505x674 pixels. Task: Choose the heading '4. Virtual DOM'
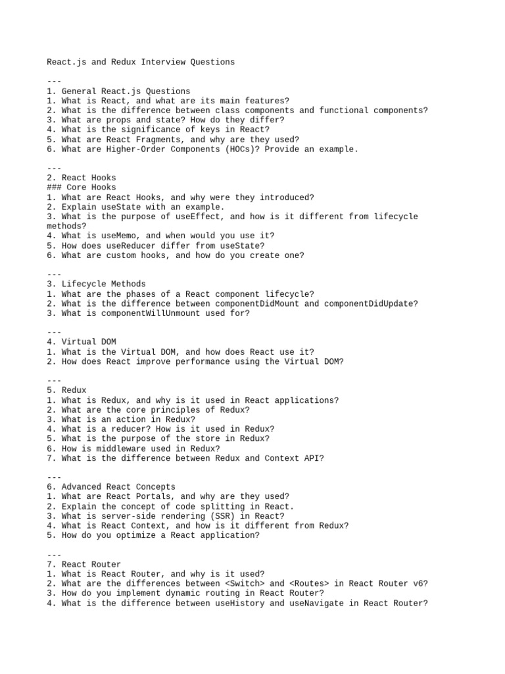81,342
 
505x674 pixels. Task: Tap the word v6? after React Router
418,583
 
